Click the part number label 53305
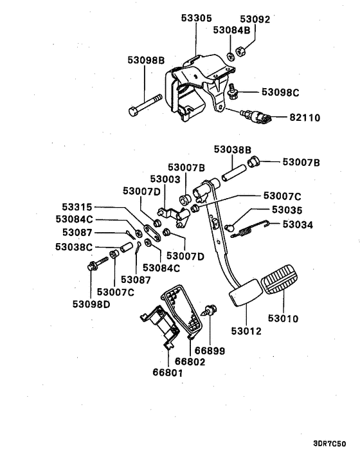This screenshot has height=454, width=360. [196, 19]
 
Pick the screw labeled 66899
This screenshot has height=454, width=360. [210, 313]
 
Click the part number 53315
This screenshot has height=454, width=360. [77, 207]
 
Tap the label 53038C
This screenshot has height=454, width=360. [75, 246]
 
